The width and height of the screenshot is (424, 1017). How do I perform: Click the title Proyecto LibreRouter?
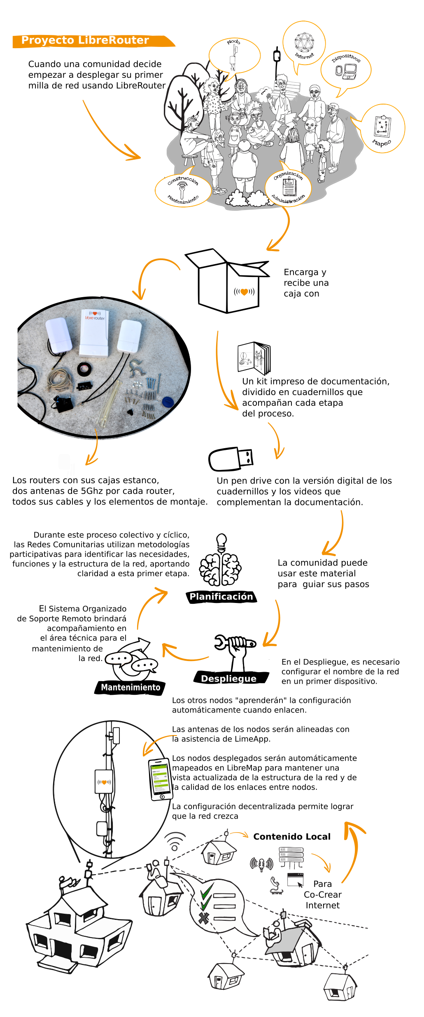point(85,40)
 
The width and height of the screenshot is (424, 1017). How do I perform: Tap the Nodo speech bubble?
point(234,55)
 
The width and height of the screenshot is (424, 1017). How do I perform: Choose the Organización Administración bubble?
point(289,188)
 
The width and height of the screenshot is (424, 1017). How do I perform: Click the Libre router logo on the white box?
point(95,316)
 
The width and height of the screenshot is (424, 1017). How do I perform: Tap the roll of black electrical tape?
point(85,369)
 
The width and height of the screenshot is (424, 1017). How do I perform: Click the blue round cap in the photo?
point(168,401)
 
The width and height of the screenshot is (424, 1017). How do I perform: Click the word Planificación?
point(221,596)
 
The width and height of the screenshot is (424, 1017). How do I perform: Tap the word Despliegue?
point(228,679)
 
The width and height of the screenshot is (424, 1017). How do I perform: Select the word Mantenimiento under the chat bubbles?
point(130,687)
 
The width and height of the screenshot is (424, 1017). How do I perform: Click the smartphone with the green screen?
point(160,780)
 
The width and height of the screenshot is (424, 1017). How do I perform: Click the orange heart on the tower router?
point(104,782)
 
